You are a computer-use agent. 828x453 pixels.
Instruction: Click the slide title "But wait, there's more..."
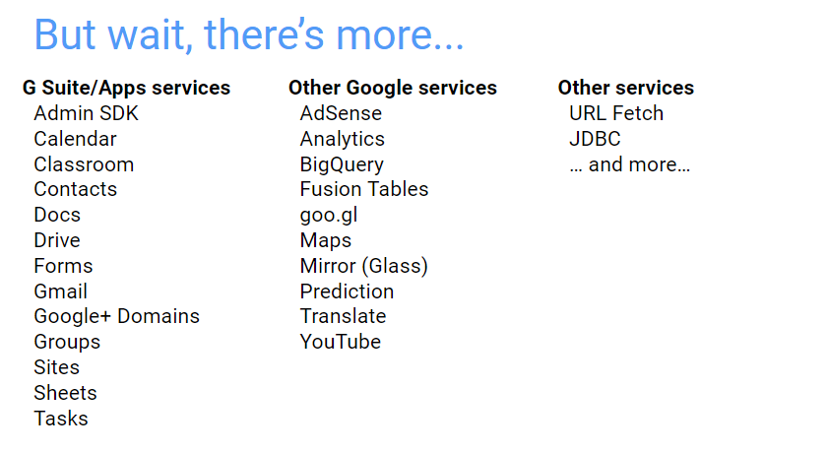(249, 35)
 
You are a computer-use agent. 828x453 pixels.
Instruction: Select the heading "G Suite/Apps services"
(126, 88)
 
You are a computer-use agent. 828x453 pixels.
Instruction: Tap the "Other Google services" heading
(393, 88)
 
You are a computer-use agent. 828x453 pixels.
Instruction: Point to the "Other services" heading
(626, 88)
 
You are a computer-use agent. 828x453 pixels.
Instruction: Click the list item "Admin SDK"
(86, 113)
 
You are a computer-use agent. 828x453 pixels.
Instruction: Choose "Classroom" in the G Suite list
(84, 164)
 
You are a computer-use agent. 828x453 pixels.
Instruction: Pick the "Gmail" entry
(61, 291)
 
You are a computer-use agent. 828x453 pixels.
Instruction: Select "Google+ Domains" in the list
(117, 316)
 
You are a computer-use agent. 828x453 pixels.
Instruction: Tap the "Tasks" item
(61, 419)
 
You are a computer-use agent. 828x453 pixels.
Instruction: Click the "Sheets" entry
(66, 393)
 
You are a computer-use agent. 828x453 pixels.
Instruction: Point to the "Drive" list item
(57, 240)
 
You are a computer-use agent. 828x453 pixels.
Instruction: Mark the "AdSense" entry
(341, 113)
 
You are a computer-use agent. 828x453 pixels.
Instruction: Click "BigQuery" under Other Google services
(342, 164)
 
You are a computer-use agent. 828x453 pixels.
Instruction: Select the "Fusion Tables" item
(364, 189)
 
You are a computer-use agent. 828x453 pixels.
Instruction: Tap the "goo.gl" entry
(329, 216)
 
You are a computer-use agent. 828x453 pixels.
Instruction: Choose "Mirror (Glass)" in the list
(364, 266)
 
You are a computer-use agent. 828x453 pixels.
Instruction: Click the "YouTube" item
(341, 342)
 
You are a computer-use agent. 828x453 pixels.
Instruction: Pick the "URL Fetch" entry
(616, 113)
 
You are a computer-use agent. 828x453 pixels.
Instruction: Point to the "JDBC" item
(595, 139)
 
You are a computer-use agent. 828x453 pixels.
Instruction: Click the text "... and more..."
(630, 164)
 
